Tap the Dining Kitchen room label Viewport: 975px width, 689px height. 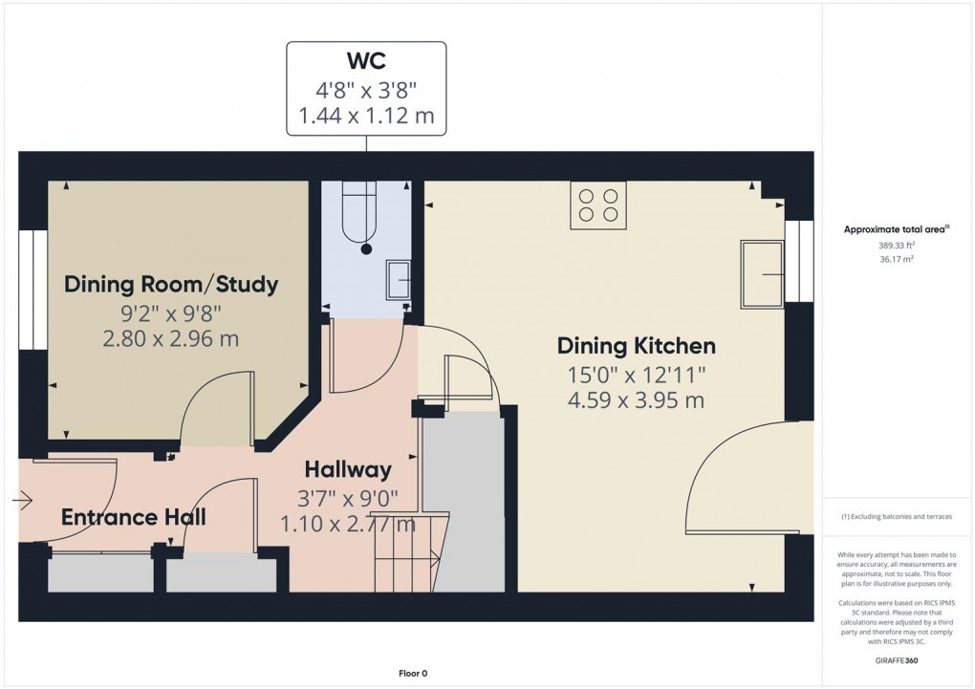tap(636, 346)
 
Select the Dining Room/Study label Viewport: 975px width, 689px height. tap(171, 284)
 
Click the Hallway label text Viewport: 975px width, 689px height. tap(348, 469)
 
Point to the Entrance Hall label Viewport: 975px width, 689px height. tap(134, 518)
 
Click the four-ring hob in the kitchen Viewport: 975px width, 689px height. tap(597, 205)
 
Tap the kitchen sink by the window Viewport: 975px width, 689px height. tap(761, 274)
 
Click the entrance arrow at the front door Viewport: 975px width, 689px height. tap(24, 499)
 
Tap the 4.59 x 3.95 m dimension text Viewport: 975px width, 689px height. tap(636, 400)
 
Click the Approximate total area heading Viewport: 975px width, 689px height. tap(895, 229)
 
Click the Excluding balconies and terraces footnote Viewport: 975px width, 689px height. tap(897, 517)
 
